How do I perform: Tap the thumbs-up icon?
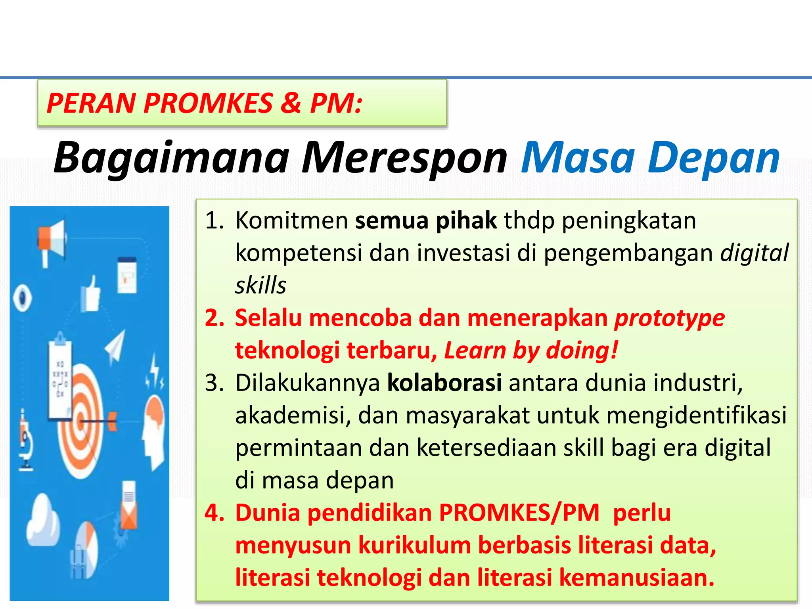click(91, 295)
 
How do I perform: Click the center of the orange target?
click(81, 421)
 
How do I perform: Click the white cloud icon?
click(43, 519)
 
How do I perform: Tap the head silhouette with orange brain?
click(154, 428)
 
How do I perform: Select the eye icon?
click(22, 297)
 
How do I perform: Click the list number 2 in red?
click(214, 318)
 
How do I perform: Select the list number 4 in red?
click(214, 513)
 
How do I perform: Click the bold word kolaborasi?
click(444, 383)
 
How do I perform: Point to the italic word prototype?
click(669, 318)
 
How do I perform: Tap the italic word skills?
click(260, 285)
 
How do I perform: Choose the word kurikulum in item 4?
click(414, 545)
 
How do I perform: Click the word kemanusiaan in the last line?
click(636, 578)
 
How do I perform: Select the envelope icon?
click(129, 511)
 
